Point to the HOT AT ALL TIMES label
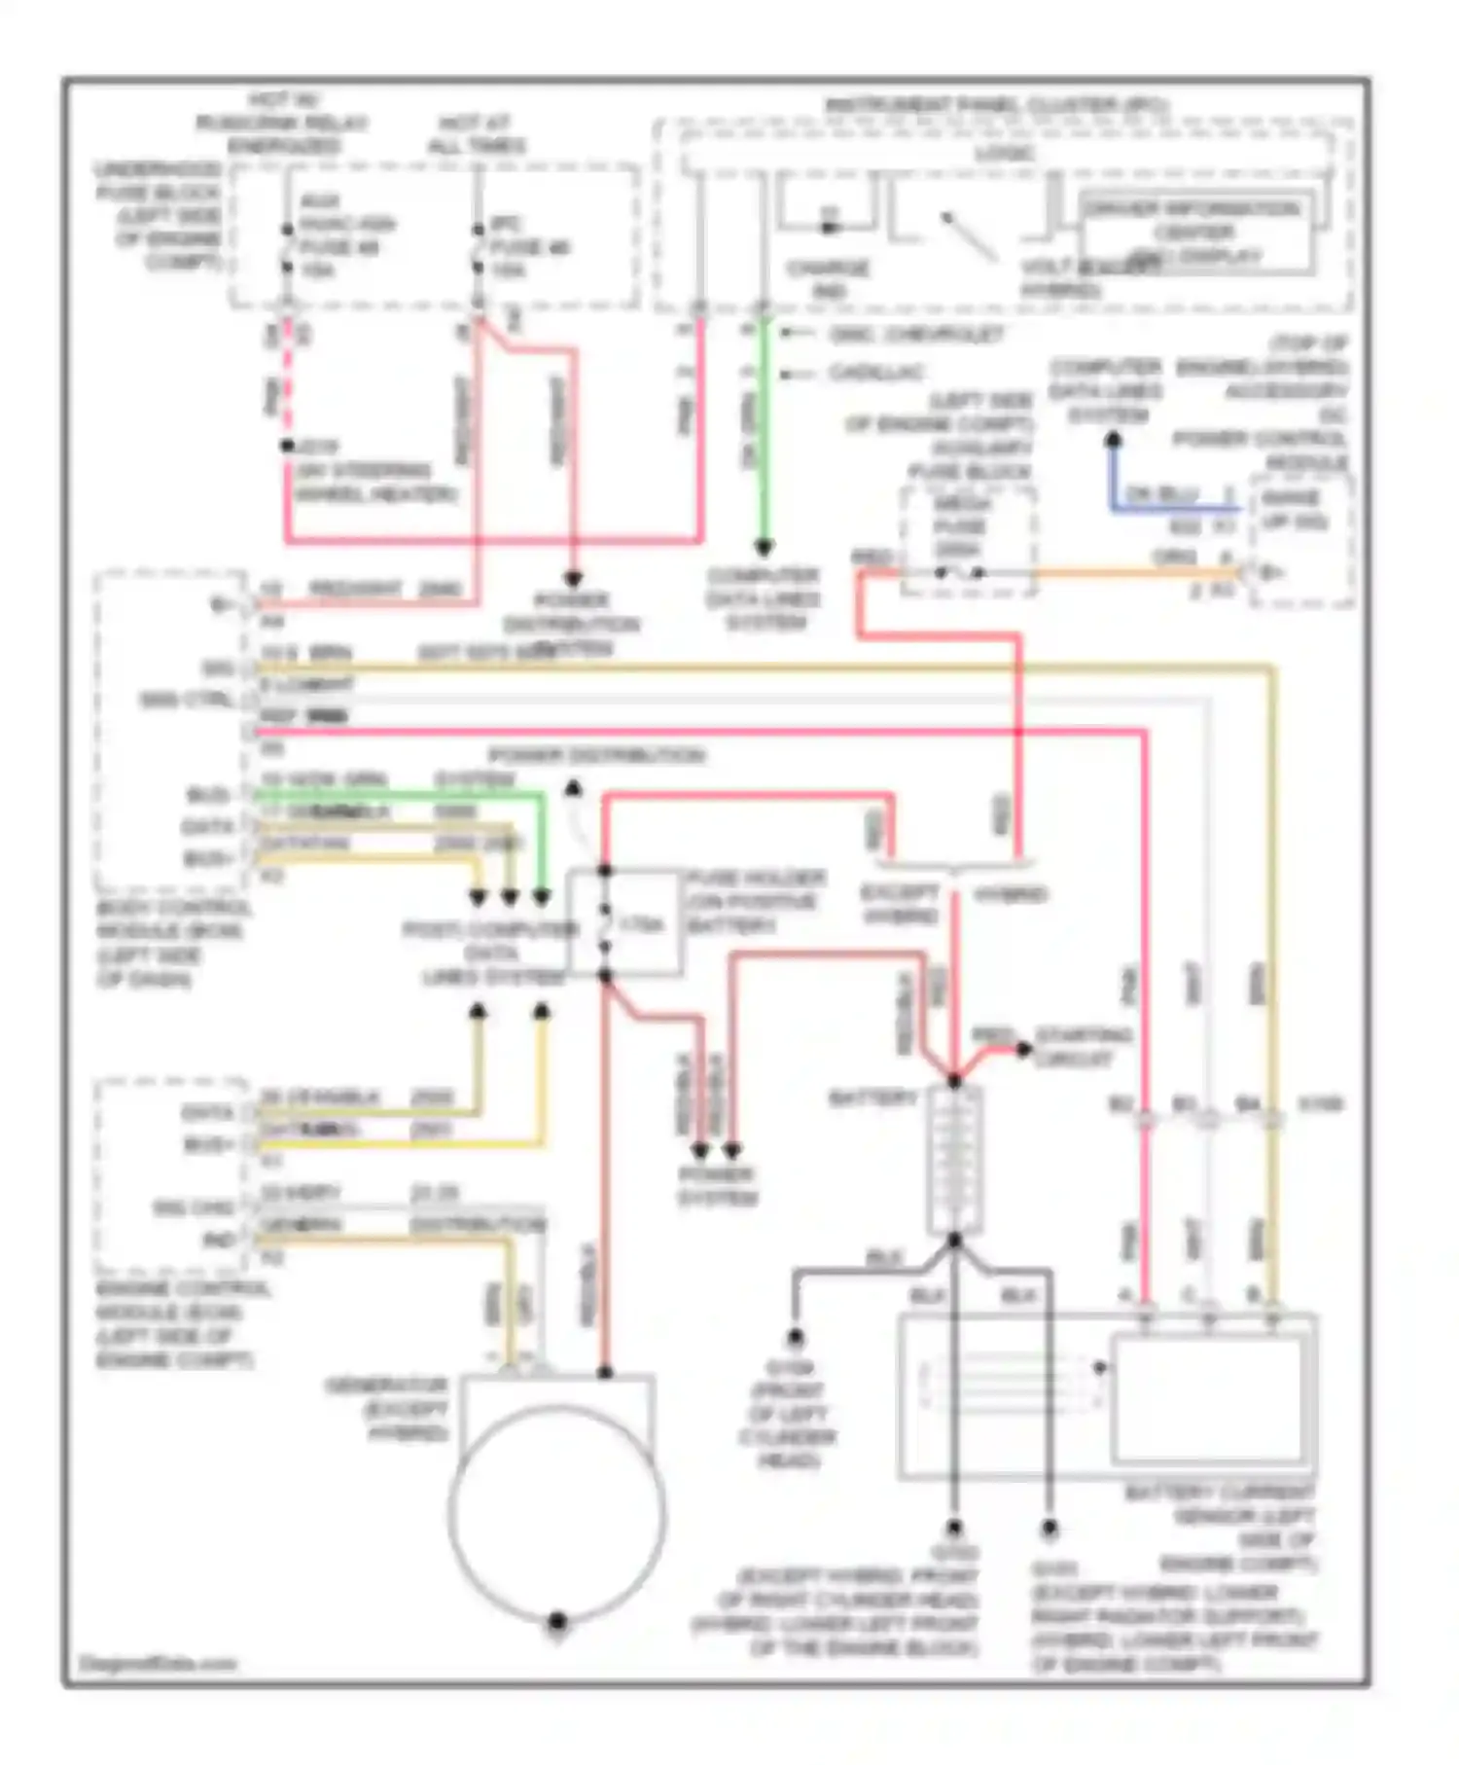[477, 134]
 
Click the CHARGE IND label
[828, 278]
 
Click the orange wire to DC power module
[1128, 573]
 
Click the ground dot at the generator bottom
[557, 1621]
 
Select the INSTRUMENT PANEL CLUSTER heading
[997, 104]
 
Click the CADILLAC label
[875, 373]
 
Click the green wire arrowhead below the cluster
[765, 547]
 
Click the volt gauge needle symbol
[969, 236]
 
